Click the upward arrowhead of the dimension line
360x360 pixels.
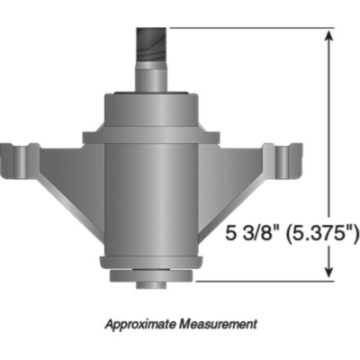pyautogui.click(x=330, y=36)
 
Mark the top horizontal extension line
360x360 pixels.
pyautogui.click(x=252, y=27)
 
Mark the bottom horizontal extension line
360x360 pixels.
pyautogui.click(x=252, y=281)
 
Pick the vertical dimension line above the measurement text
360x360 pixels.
pyautogui.click(x=330, y=126)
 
